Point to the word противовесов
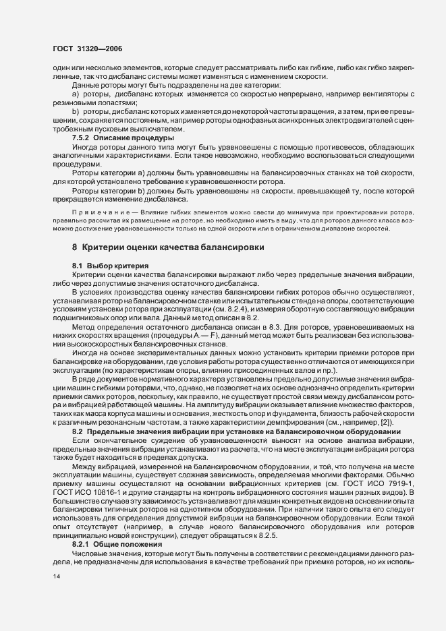329,146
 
